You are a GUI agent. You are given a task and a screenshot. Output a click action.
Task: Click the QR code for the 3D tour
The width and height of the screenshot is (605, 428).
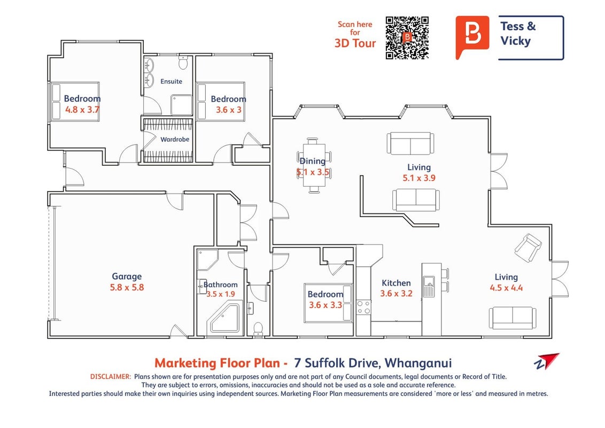coord(407,37)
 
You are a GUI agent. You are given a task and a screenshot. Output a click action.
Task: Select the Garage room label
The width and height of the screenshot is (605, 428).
coord(127,276)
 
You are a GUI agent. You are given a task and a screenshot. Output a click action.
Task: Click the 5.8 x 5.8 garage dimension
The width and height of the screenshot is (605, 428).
coord(127,287)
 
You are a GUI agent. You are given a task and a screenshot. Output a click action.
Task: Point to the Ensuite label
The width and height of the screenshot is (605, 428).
coord(172,81)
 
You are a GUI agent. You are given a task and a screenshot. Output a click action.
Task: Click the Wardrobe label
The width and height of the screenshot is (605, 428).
coord(175,139)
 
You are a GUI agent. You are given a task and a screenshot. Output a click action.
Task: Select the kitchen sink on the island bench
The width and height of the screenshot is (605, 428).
coord(429,286)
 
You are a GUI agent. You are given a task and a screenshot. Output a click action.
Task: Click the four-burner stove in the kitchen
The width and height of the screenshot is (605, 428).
coord(363,307)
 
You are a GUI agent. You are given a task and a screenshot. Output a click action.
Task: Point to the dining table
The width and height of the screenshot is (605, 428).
coord(314,165)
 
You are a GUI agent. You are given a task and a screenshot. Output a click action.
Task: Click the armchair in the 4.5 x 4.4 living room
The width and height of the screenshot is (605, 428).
coord(528,247)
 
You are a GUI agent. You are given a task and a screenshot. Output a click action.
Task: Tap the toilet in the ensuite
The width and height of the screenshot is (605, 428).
coord(183,62)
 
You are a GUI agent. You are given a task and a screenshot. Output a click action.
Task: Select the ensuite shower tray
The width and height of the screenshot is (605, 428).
coord(181,105)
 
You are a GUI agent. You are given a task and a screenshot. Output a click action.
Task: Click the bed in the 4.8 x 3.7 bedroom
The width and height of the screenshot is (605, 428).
coord(75,102)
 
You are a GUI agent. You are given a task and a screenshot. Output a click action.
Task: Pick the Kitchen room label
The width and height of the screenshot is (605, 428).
coord(396,283)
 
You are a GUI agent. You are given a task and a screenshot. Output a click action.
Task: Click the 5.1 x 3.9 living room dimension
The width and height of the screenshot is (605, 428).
coord(419,178)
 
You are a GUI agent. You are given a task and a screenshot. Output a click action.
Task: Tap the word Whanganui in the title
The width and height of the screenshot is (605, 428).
coord(418,363)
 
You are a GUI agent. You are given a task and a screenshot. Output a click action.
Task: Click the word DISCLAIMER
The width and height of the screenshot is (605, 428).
coord(111,377)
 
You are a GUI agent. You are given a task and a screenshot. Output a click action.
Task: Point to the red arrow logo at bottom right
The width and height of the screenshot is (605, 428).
coord(547,361)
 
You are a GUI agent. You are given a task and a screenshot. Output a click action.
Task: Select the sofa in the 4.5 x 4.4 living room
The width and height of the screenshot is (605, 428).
coord(513,318)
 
